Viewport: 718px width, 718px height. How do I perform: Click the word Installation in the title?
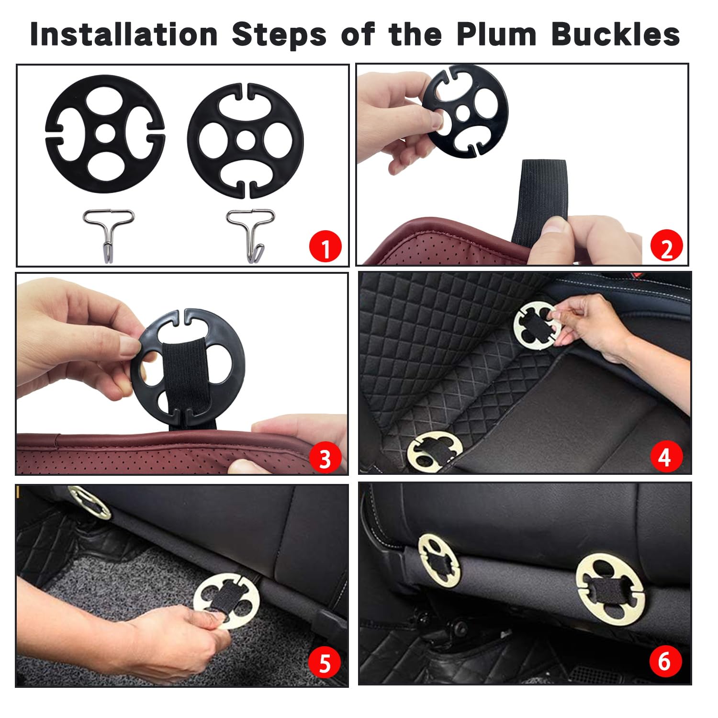124,34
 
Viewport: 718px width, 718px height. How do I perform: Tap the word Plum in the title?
495,34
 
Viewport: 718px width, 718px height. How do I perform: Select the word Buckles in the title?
616,34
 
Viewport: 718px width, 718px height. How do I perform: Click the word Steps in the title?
279,34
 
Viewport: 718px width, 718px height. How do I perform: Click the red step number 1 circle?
325,247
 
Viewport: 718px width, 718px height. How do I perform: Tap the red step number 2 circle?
667,247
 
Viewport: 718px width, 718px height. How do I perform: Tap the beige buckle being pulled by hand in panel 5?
226,601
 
